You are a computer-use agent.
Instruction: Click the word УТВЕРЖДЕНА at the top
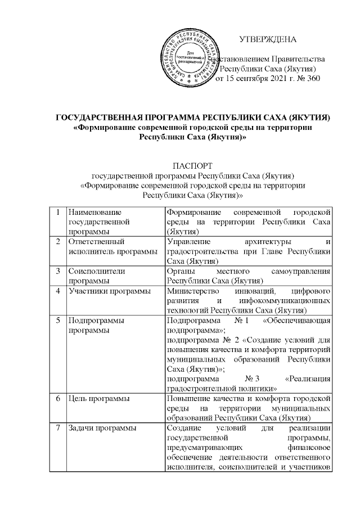268,39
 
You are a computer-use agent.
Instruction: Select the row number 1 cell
58,212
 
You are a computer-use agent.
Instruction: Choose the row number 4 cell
58,291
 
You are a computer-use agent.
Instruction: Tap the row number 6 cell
58,399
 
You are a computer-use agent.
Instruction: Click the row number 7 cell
58,429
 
